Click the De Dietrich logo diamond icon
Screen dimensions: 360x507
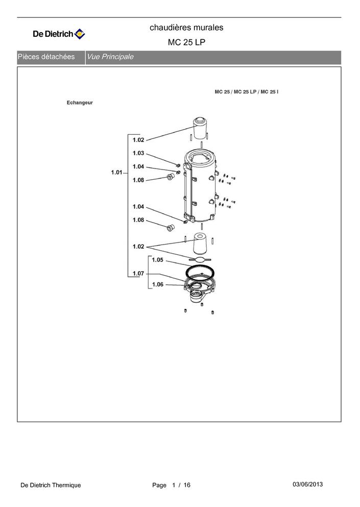click(x=80, y=34)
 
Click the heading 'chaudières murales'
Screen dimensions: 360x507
click(x=186, y=28)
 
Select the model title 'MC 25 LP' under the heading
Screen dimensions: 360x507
click(x=186, y=42)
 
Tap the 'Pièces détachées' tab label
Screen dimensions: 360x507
click(x=46, y=57)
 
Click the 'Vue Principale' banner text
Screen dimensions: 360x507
click(x=110, y=57)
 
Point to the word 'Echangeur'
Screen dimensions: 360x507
click(x=80, y=103)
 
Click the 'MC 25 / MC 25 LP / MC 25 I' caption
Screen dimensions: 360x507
click(x=247, y=92)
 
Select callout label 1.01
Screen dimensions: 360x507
click(x=117, y=173)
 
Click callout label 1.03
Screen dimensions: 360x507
click(x=138, y=153)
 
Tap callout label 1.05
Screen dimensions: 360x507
click(x=157, y=260)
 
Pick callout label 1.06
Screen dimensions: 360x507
click(x=157, y=284)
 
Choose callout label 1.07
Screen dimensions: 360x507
click(x=138, y=274)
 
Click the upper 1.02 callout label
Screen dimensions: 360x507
click(x=138, y=140)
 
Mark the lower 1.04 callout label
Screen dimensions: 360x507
click(x=138, y=207)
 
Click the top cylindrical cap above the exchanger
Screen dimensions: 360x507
click(x=200, y=126)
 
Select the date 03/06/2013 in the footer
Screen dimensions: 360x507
click(x=307, y=485)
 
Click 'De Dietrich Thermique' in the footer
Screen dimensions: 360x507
click(x=51, y=485)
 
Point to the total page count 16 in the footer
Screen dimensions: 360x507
click(x=187, y=485)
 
